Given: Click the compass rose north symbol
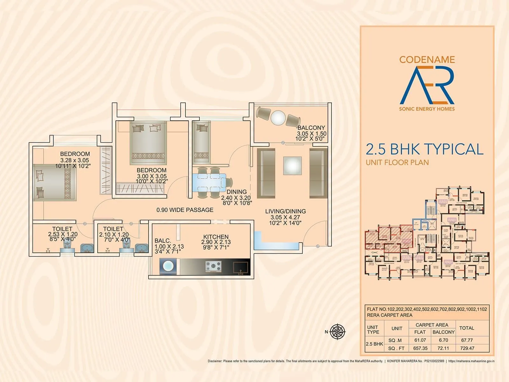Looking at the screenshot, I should click(x=338, y=332).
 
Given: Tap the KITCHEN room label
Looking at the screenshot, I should click(x=216, y=237).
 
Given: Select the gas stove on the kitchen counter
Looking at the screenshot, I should click(x=213, y=267).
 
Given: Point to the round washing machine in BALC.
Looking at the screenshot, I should click(x=167, y=267).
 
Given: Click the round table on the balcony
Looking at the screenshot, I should click(x=278, y=117).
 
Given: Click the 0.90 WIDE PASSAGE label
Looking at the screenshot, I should click(x=185, y=210).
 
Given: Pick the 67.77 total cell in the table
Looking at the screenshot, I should click(x=467, y=340).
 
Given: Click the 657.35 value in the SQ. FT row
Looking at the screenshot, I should click(x=420, y=348).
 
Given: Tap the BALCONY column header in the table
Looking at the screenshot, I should click(x=443, y=332).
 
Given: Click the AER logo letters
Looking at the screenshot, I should click(x=427, y=85).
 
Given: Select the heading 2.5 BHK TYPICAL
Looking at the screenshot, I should click(x=424, y=149).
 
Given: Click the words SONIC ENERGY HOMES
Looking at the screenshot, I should click(x=427, y=109).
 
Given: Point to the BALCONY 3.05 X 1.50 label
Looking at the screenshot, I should click(x=311, y=133).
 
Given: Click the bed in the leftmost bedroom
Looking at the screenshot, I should click(x=55, y=183).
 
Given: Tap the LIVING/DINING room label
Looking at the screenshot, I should click(x=285, y=211).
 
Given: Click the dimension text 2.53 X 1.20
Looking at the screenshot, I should click(x=63, y=234).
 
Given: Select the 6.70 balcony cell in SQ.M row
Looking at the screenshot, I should click(x=443, y=340).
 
